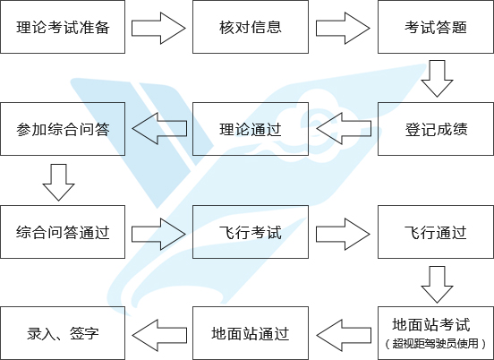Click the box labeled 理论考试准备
[x=63, y=27]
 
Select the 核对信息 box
[x=251, y=27]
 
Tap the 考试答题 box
[x=436, y=27]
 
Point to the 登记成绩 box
[x=436, y=129]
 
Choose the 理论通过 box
[x=251, y=129]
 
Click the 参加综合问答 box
[x=63, y=129]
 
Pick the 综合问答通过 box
[x=63, y=232]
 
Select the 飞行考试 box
[x=251, y=232]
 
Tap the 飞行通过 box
[x=436, y=232]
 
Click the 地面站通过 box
[x=251, y=333]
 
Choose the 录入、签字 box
[x=63, y=333]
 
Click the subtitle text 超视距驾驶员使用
[x=436, y=343]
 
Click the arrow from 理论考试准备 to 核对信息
[x=158, y=29]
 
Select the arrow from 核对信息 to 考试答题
[x=343, y=29]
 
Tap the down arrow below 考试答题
[x=437, y=79]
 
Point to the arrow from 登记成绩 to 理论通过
[x=344, y=129]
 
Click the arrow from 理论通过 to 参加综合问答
[x=159, y=129]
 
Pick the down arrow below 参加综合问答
[x=58, y=182]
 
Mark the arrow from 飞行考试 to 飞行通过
[x=343, y=235]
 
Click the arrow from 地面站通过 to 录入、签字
[x=159, y=336]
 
